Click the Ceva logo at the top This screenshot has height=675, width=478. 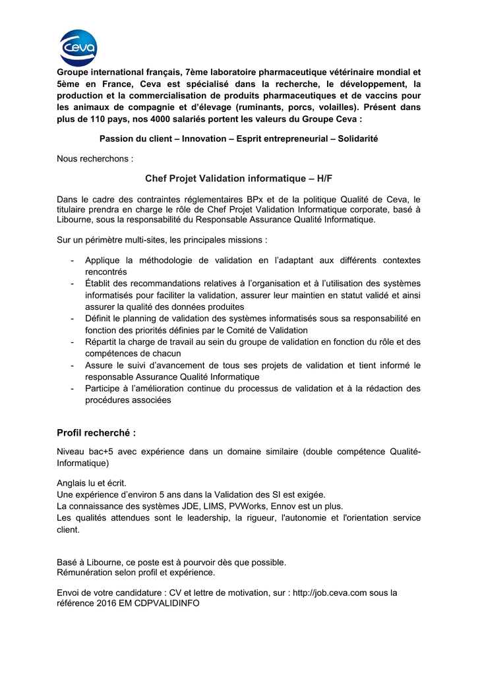click(x=78, y=47)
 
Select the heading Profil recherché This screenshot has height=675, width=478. click(x=96, y=432)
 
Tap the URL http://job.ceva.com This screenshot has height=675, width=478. click(x=330, y=593)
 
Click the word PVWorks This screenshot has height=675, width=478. click(x=248, y=506)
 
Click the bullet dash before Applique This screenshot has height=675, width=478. click(x=71, y=261)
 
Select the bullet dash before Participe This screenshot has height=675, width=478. click(x=71, y=389)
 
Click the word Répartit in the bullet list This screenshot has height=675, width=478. click(x=102, y=342)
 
